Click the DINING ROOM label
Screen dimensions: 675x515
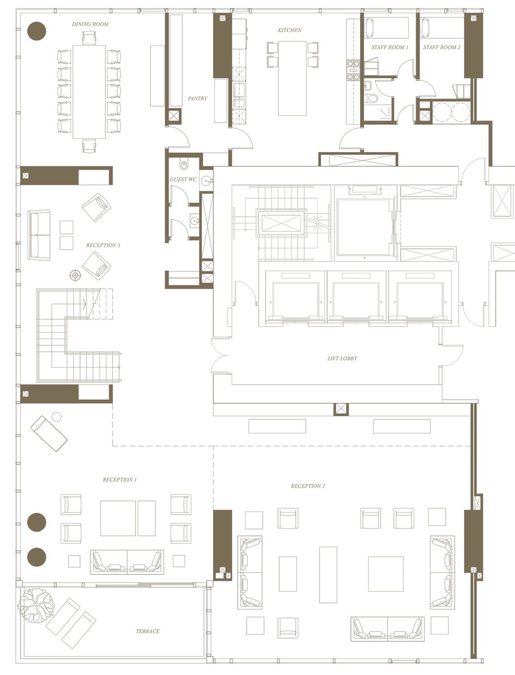[90, 24]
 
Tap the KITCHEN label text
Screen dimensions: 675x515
[289, 30]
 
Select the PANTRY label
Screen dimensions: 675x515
[197, 98]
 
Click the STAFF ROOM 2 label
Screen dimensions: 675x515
[441, 47]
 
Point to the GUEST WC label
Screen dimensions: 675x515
[183, 179]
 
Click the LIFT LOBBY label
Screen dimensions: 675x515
[342, 358]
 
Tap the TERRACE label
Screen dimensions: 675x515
[148, 631]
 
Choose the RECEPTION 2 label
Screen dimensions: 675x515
[308, 486]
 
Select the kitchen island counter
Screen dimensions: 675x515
[292, 78]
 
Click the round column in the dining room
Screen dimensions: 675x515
[37, 31]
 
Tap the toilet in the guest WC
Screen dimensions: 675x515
[184, 164]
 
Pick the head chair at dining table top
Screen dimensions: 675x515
[89, 38]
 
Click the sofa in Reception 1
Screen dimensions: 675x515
[127, 562]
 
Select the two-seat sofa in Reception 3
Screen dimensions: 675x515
[39, 235]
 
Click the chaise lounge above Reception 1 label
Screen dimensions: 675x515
[49, 433]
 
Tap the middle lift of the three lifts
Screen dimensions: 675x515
[357, 300]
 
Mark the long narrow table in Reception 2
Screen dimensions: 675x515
[328, 574]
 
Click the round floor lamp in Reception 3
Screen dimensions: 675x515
[75, 275]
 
